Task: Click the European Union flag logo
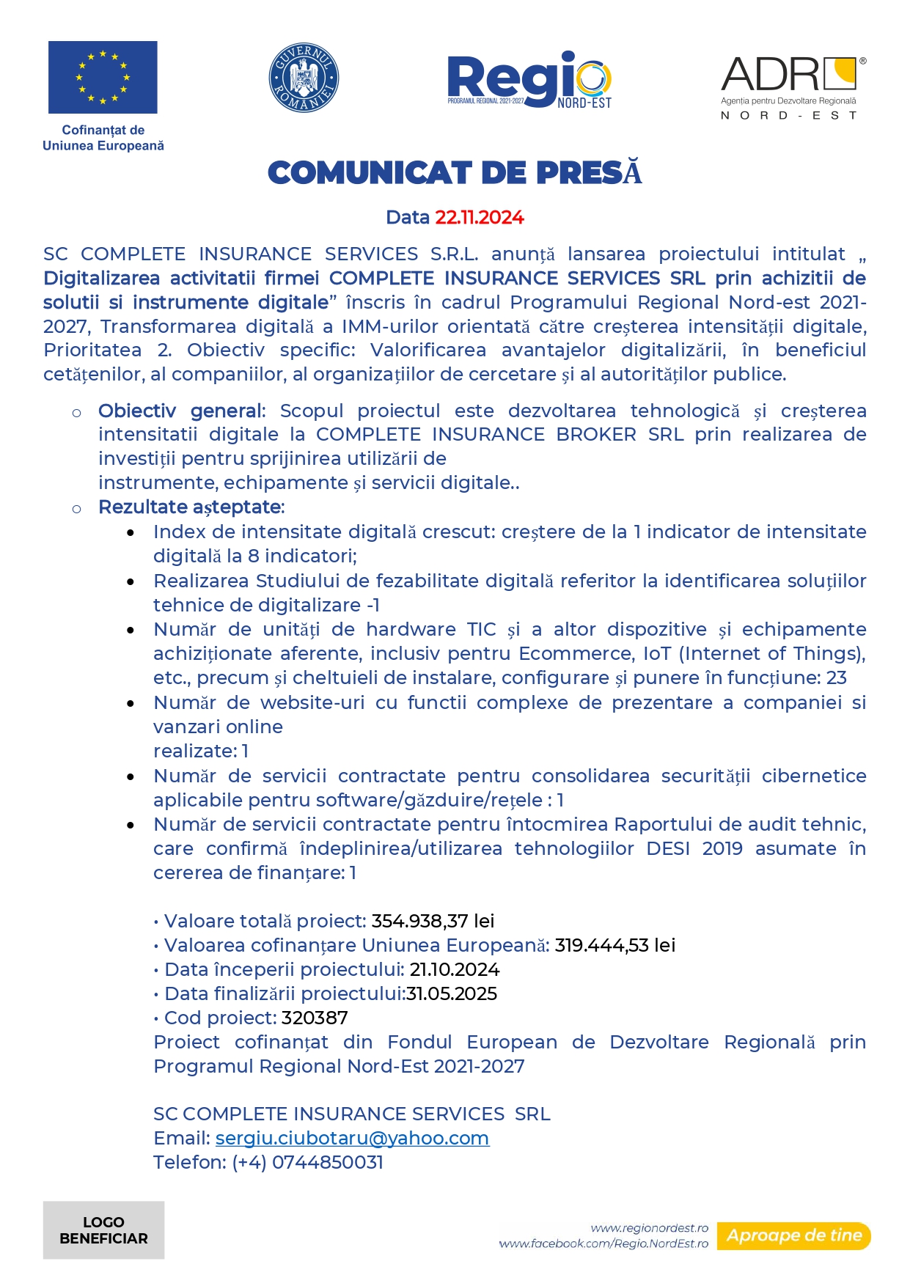point(103,77)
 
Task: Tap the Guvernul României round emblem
point(304,78)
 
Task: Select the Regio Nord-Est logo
point(529,80)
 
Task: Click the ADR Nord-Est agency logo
point(791,87)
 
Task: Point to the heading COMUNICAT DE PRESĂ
point(455,173)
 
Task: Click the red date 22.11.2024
point(480,218)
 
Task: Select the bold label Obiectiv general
point(180,411)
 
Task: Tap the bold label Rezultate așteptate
point(190,507)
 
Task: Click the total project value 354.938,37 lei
point(433,921)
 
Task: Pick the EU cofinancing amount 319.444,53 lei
point(614,945)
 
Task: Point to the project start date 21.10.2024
point(455,969)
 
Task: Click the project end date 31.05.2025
point(452,993)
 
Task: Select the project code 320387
point(315,1018)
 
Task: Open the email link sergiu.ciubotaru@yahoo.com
point(352,1138)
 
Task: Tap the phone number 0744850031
point(327,1162)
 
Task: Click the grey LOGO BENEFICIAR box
point(103,1230)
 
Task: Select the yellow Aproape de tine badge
point(794,1235)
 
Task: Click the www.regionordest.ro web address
point(649,1228)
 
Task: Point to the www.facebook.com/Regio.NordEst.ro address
point(603,1243)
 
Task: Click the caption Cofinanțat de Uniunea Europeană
point(103,138)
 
